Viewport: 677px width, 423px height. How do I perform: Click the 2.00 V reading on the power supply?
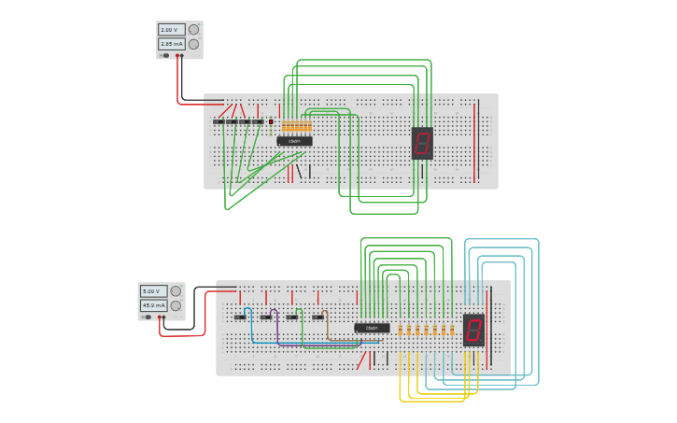pos(171,30)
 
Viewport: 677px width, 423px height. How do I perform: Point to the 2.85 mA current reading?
pos(171,44)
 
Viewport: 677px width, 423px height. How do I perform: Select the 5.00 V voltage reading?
pos(153,291)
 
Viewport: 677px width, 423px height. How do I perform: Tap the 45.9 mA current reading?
pos(153,305)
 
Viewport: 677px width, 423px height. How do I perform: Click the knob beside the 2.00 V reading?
pos(194,30)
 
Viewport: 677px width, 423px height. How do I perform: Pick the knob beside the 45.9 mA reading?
pos(176,305)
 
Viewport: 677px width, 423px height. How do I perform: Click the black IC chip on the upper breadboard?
pos(294,141)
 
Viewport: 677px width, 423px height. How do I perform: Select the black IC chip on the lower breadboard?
pos(372,328)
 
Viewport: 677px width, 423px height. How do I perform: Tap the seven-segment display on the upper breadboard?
pos(422,143)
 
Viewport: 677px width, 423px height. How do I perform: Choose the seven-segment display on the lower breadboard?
pos(473,330)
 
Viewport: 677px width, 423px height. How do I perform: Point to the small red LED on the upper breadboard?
pos(271,121)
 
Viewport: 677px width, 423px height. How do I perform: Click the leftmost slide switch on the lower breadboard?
pos(240,317)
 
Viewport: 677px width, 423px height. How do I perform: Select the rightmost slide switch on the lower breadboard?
pos(317,317)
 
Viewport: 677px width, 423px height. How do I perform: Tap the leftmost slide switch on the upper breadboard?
pos(219,121)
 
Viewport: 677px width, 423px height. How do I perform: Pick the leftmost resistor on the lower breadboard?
pos(401,330)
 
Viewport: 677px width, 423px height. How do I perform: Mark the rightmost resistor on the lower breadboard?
pos(452,330)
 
